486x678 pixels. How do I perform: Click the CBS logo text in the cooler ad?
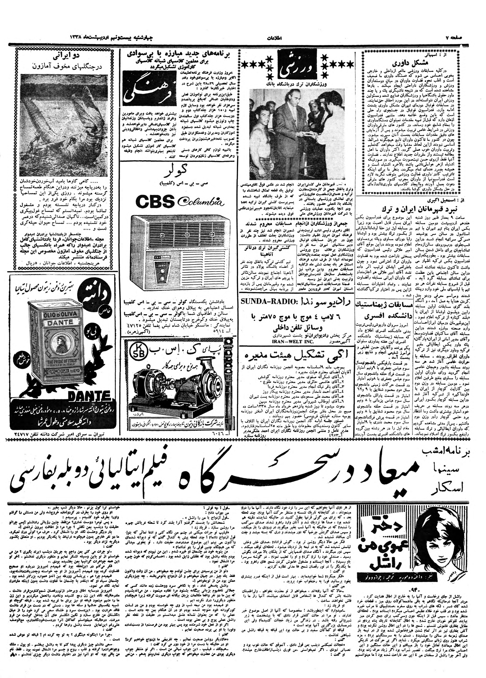click(x=155, y=201)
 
